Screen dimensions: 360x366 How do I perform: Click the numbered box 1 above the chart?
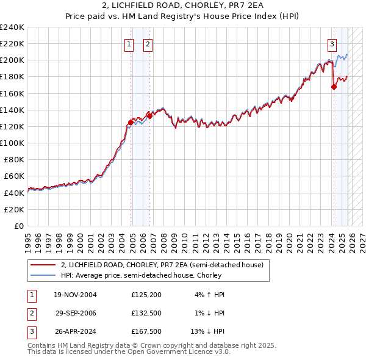[x=130, y=43]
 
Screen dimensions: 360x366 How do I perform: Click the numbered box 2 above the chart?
[x=148, y=43]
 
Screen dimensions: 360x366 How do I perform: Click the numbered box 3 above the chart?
[x=332, y=43]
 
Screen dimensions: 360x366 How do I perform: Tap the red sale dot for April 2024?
[x=334, y=87]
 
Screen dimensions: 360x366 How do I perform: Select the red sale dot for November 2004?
[x=131, y=122]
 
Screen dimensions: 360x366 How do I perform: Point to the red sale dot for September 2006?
[x=149, y=116]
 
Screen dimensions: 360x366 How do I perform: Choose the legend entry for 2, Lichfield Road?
[x=162, y=265]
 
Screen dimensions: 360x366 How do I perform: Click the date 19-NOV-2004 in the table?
[x=76, y=295]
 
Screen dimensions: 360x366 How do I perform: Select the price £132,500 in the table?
[x=145, y=313]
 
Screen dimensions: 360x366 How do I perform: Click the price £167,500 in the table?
[x=145, y=331]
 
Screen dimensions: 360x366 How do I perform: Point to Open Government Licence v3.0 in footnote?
[x=178, y=352]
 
